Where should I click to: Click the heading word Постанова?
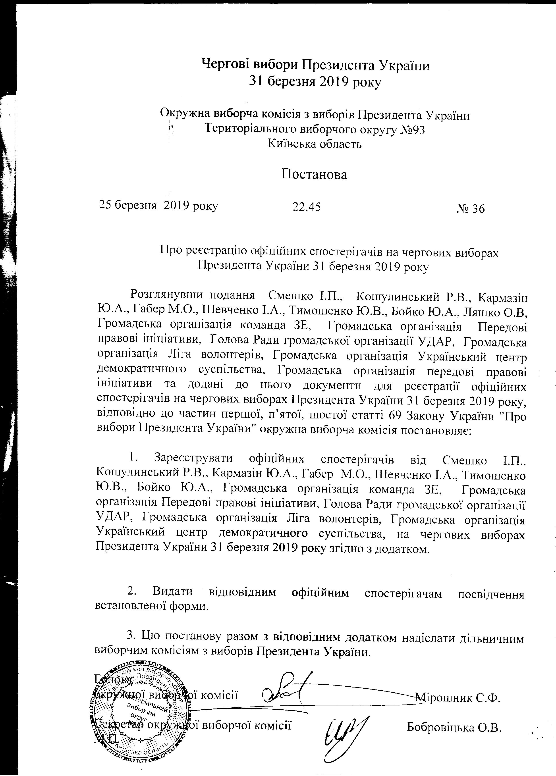314,175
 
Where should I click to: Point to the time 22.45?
306,206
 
